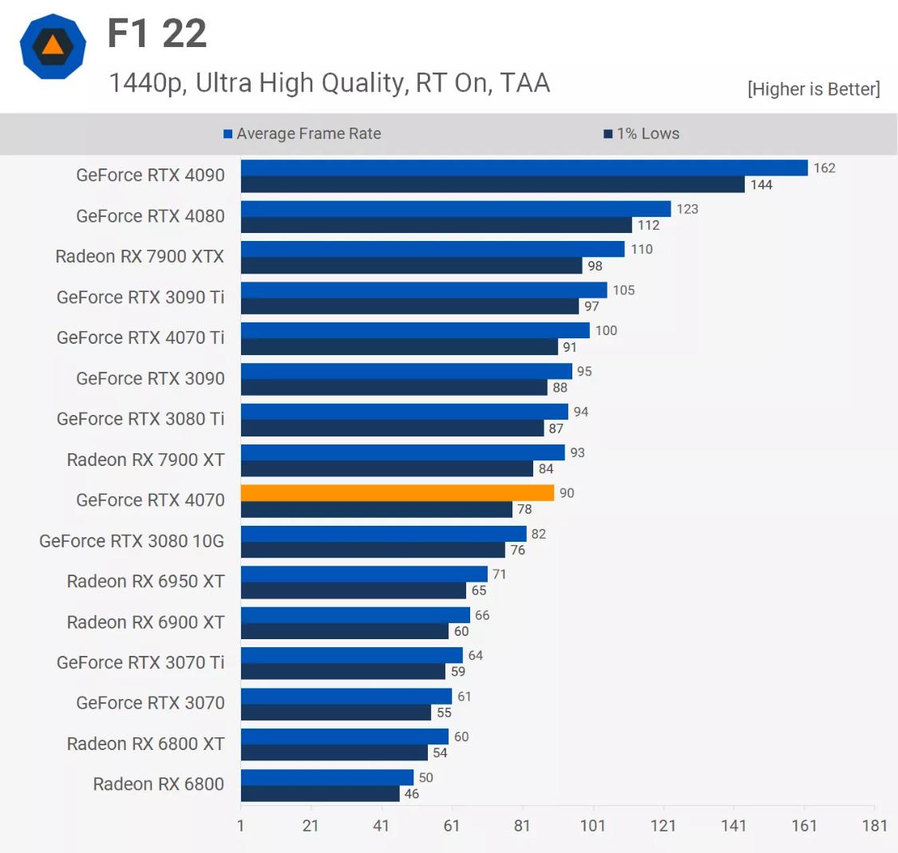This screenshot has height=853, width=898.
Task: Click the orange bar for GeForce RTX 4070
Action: pyautogui.click(x=397, y=493)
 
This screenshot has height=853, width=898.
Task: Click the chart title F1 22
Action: pyautogui.click(x=157, y=34)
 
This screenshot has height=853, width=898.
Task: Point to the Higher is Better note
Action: pyautogui.click(x=813, y=89)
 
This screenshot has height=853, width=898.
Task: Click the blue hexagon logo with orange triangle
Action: pyautogui.click(x=53, y=46)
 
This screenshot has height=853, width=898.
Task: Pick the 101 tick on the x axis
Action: pyautogui.click(x=592, y=825)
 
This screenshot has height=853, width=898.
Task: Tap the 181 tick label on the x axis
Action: pyautogui.click(x=874, y=825)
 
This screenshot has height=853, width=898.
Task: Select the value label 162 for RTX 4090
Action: pyautogui.click(x=824, y=168)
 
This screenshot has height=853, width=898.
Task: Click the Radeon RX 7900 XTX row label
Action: pyautogui.click(x=140, y=256)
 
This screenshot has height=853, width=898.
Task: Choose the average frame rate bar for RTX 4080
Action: pyautogui.click(x=455, y=209)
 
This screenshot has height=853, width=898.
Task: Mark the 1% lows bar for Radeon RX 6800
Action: pyautogui.click(x=319, y=794)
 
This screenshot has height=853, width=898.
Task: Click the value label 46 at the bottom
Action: pyautogui.click(x=411, y=794)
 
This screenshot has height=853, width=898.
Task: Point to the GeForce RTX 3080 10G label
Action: pyautogui.click(x=132, y=541)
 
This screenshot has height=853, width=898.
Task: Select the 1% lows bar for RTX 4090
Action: pyautogui.click(x=493, y=184)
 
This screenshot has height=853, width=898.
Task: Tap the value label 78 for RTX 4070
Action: pyautogui.click(x=524, y=509)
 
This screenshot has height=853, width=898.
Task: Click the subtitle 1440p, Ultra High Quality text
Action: pyautogui.click(x=329, y=83)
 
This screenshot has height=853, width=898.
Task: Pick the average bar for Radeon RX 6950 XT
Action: pyautogui.click(x=363, y=575)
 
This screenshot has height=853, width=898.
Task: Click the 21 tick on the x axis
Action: pyautogui.click(x=311, y=825)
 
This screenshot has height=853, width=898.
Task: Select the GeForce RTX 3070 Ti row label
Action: pyautogui.click(x=140, y=662)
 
